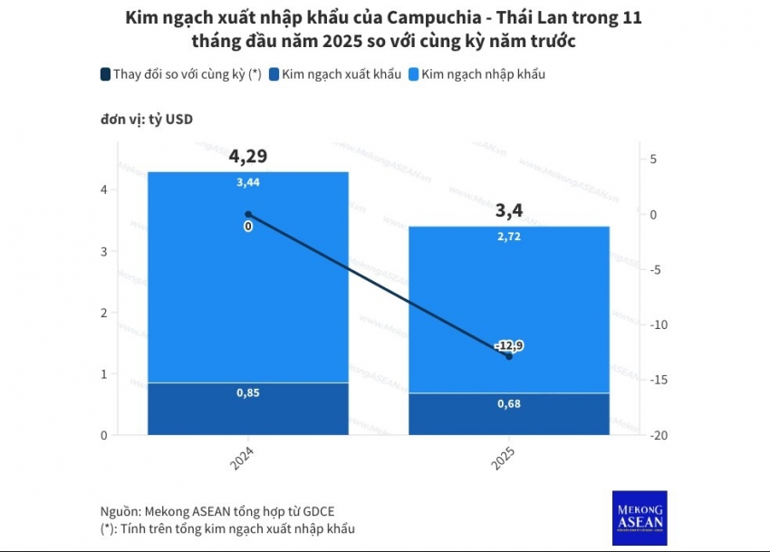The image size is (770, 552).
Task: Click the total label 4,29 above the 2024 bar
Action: point(247,156)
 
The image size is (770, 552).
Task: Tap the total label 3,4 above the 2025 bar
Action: point(508,211)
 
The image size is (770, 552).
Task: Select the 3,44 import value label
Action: point(247,182)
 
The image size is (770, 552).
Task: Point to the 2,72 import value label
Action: point(508,236)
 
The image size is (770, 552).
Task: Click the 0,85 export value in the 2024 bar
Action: point(247,393)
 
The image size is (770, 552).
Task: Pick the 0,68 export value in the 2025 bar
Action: point(508,403)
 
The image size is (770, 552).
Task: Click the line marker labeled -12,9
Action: point(509,355)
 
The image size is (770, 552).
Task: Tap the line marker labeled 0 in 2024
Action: point(248,215)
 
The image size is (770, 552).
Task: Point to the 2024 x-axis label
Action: point(242,458)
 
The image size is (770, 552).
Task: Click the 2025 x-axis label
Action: point(503,458)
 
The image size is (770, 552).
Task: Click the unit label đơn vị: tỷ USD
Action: point(147,119)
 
